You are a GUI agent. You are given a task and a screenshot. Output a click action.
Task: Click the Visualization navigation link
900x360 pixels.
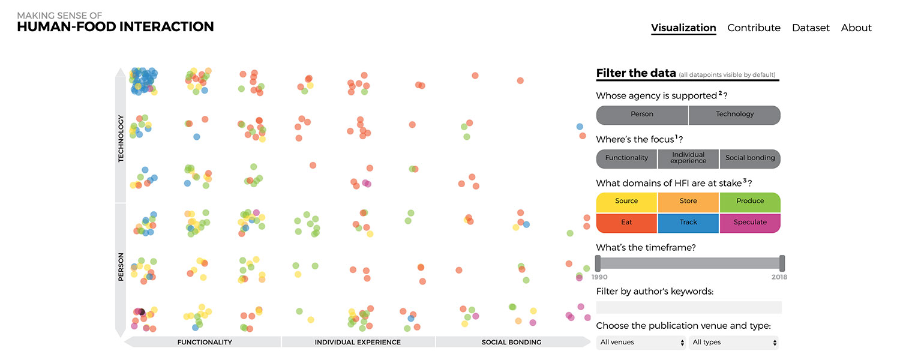pyautogui.click(x=683, y=28)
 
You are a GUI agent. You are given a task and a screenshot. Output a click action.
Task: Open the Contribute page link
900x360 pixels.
pyautogui.click(x=754, y=28)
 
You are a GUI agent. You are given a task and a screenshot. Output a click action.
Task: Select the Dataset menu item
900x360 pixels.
pyautogui.click(x=811, y=28)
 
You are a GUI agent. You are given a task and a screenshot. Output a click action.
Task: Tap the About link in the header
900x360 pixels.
pyautogui.click(x=856, y=28)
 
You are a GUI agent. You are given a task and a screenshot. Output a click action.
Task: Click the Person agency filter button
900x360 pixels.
pyautogui.click(x=642, y=114)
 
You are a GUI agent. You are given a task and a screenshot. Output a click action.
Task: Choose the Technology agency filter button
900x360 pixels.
pyautogui.click(x=734, y=114)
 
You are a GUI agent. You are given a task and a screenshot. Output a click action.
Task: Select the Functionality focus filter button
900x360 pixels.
pyautogui.click(x=626, y=158)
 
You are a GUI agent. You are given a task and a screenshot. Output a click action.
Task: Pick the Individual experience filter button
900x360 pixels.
pyautogui.click(x=688, y=158)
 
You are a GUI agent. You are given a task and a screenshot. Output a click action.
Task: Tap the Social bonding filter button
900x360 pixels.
pyautogui.click(x=750, y=158)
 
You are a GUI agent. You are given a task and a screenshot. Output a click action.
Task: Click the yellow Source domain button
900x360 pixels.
pyautogui.click(x=626, y=201)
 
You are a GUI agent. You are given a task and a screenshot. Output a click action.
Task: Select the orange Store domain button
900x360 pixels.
pyautogui.click(x=688, y=201)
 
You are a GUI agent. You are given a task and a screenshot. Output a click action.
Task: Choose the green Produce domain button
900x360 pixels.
pyautogui.click(x=750, y=201)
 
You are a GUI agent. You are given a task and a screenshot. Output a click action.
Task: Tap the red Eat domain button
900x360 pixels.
pyautogui.click(x=626, y=222)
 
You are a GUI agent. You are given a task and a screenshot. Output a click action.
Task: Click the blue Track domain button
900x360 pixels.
pyautogui.click(x=688, y=222)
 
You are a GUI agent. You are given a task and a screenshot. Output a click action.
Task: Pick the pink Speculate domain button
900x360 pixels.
pyautogui.click(x=750, y=222)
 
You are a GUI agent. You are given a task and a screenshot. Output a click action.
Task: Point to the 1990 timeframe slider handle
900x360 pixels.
pyautogui.click(x=598, y=263)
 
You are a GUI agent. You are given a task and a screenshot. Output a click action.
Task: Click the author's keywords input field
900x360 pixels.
pyautogui.click(x=689, y=307)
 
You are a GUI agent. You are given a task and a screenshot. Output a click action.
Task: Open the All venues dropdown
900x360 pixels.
pyautogui.click(x=641, y=343)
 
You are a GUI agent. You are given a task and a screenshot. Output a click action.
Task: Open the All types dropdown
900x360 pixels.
pyautogui.click(x=734, y=343)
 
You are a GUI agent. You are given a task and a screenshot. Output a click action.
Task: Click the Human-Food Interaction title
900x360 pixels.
pyautogui.click(x=115, y=26)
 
